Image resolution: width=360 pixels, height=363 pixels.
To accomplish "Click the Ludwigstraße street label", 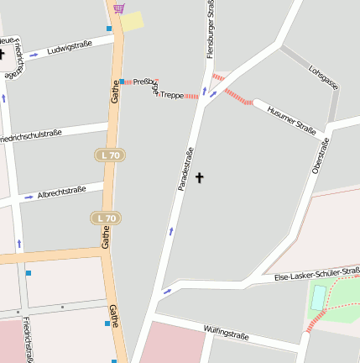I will pyautogui.click(x=70, y=47).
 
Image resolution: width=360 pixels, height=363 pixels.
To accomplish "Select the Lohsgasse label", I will pyautogui.click(x=323, y=77).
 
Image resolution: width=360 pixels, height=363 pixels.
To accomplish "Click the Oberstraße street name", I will pyautogui.click(x=320, y=156).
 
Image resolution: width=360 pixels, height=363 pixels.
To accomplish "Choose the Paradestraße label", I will pyautogui.click(x=186, y=169).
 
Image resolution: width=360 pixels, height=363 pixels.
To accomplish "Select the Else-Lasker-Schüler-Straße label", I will pyautogui.click(x=316, y=274).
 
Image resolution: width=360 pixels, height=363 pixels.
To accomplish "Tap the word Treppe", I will pyautogui.click(x=171, y=95).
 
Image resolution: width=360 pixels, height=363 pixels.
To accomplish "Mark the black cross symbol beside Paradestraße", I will pyautogui.click(x=200, y=177).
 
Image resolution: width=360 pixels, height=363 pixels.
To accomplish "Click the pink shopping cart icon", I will pyautogui.click(x=118, y=8).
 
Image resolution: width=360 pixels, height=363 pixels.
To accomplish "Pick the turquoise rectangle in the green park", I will pyautogui.click(x=318, y=297).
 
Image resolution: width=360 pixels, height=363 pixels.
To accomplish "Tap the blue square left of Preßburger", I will pyautogui.click(x=123, y=82).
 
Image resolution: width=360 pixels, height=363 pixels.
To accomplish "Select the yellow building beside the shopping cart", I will pyautogui.click(x=133, y=21).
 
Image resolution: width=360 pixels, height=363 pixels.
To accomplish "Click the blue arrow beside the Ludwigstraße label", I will pyautogui.click(x=34, y=55).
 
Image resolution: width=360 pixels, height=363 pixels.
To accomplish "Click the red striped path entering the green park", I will pyautogui.click(x=316, y=320).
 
